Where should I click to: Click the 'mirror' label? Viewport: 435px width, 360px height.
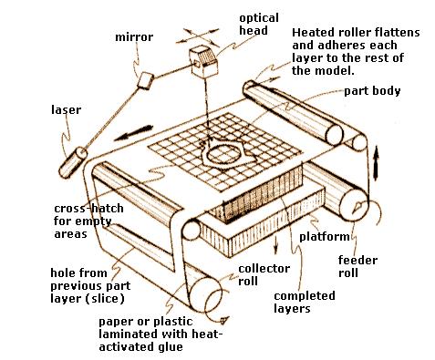(134, 37)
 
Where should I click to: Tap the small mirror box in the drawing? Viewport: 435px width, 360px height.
(145, 80)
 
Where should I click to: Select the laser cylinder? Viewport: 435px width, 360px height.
(73, 162)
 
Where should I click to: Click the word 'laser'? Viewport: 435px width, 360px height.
(66, 109)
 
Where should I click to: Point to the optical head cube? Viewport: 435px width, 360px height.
(203, 62)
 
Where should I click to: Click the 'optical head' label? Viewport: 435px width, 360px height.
(259, 24)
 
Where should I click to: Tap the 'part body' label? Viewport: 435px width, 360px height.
(372, 91)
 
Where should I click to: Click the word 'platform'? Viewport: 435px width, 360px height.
(325, 237)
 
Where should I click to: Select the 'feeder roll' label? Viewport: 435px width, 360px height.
(357, 266)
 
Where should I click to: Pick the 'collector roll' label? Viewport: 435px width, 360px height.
(264, 274)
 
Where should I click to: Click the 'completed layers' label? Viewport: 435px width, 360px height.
(305, 302)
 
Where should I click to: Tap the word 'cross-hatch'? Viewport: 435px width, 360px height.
(88, 209)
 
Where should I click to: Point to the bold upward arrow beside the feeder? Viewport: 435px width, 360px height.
(376, 163)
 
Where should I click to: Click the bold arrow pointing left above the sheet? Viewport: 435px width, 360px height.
(133, 133)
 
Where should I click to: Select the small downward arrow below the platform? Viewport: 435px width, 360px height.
(275, 244)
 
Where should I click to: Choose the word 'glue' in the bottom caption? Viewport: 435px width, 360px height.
(170, 347)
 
